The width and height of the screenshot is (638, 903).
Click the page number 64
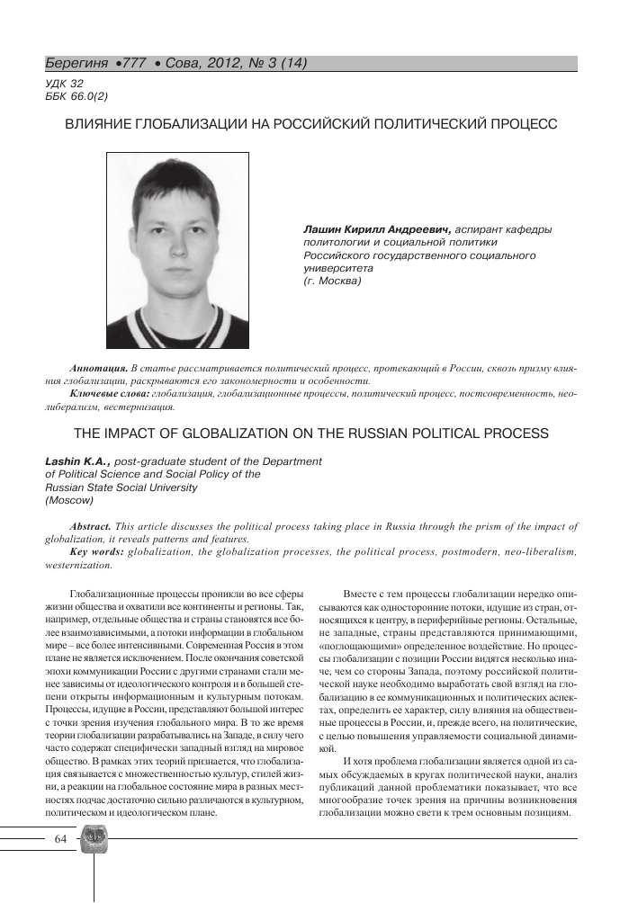[60, 840]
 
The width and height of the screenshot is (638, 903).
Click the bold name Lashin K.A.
[77, 461]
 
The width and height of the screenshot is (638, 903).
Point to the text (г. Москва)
[333, 282]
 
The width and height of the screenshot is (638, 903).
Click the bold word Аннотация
[98, 370]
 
